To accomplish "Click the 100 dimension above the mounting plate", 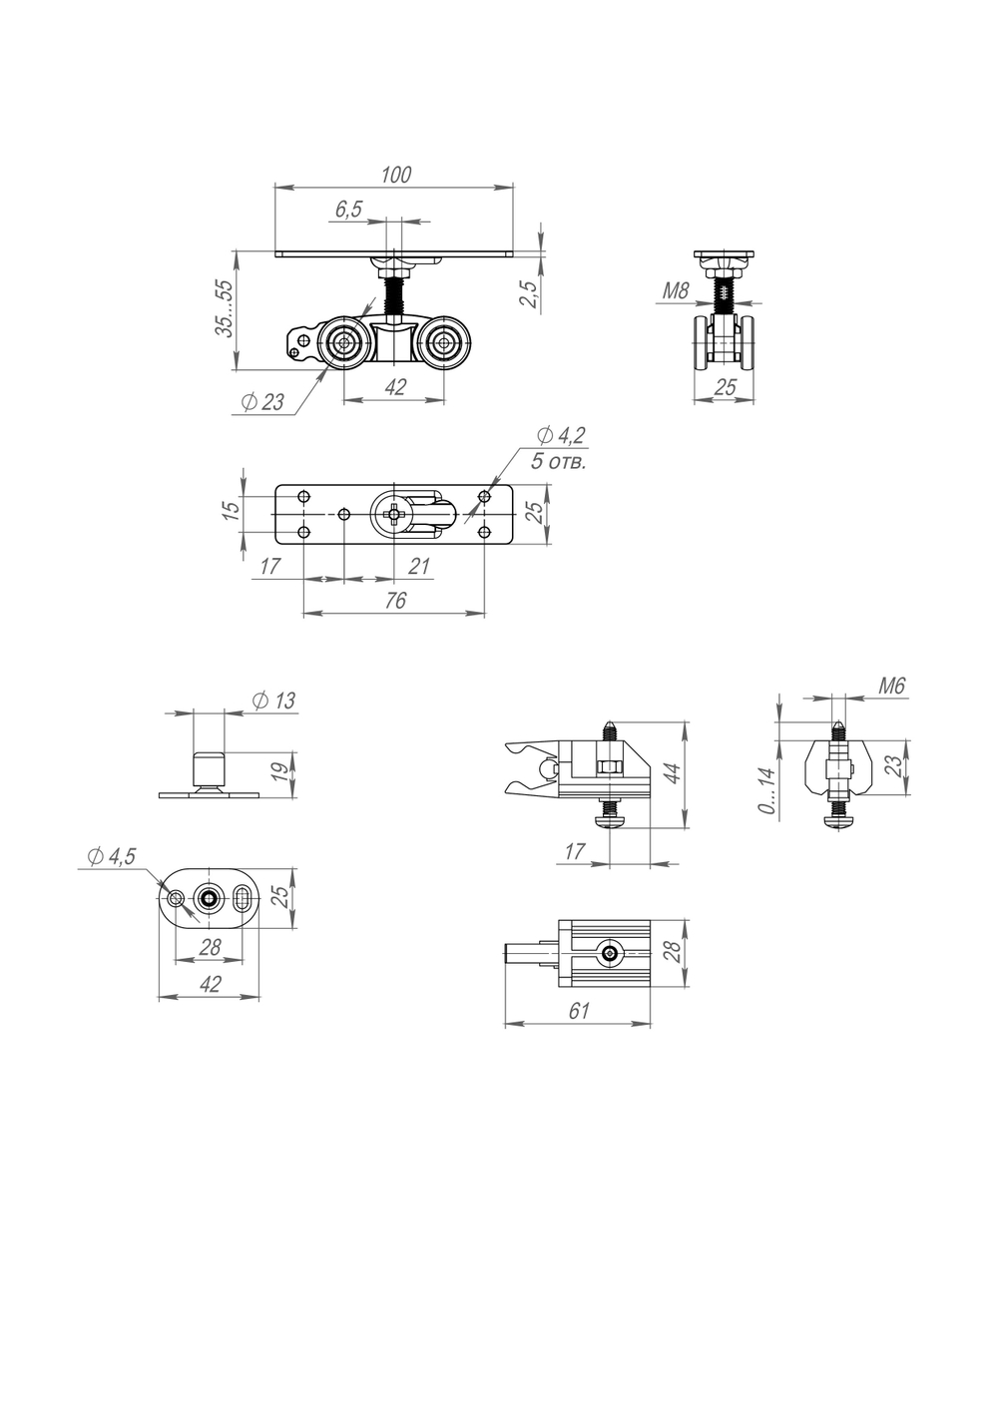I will (396, 175).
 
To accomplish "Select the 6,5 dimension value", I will (348, 210).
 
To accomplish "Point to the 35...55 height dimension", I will (226, 309).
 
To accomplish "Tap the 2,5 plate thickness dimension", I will (530, 293).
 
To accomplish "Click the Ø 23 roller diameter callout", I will (263, 402).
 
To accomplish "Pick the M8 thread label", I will (676, 291).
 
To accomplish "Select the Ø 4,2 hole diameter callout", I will (561, 435).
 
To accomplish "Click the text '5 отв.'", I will (559, 462).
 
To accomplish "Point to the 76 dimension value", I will (395, 601).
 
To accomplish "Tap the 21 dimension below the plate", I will (419, 567).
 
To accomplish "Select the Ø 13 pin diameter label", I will (274, 701).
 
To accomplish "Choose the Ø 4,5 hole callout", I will (111, 856).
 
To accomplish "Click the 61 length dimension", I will (579, 1011).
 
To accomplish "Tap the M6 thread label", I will (891, 687).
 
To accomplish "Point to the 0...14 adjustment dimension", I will (766, 790).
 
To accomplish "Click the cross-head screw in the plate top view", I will (396, 514).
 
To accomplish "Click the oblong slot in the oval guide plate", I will (244, 900).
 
